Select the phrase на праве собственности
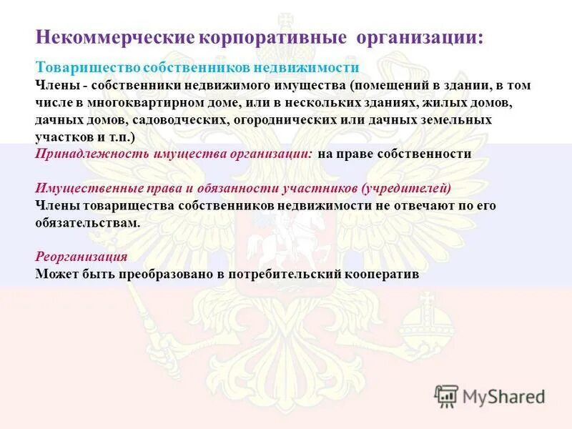[395, 154]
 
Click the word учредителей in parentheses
[408, 188]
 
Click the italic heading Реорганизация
[82, 257]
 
